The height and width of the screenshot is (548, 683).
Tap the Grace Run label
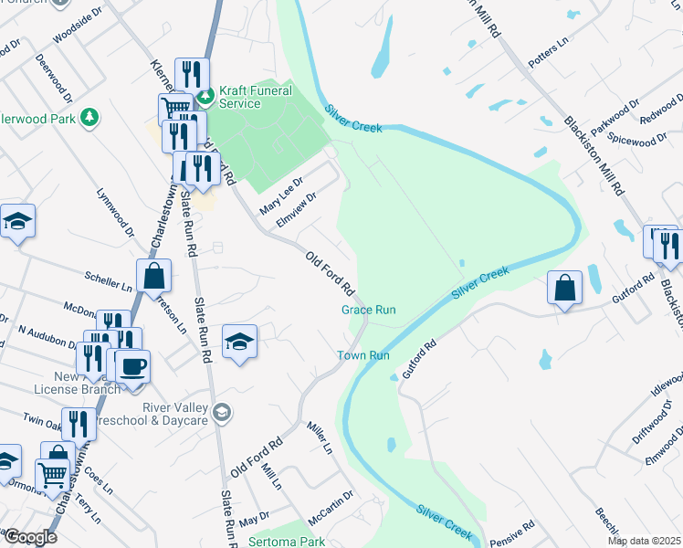[369, 310]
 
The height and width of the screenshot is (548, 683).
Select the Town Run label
[363, 355]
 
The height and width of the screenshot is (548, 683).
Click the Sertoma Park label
[287, 542]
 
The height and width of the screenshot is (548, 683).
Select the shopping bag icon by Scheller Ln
[154, 274]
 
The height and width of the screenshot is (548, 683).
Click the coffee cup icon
[132, 365]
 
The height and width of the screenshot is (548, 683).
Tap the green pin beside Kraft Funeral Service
[207, 92]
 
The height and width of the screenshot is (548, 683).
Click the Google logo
[29, 537]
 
